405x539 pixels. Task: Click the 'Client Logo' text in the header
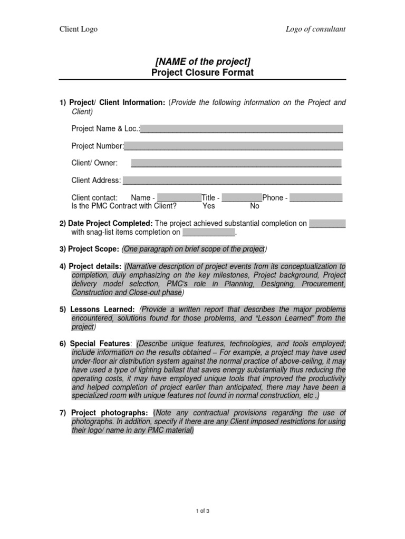pos(78,29)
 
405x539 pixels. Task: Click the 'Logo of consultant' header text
pos(315,29)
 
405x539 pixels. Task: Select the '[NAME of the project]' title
pos(202,62)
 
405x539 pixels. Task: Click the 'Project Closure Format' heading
pos(202,73)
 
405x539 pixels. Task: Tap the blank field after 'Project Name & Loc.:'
pos(242,128)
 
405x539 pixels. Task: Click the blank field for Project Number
pos(233,146)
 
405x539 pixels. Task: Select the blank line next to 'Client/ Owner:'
pos(236,163)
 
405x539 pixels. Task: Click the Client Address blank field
pos(232,181)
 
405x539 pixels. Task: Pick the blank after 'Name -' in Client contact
pos(179,198)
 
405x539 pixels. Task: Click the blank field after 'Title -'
pos(242,198)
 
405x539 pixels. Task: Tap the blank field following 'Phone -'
pos(316,198)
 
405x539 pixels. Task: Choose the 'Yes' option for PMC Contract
pos(209,206)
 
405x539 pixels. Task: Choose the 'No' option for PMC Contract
pos(255,206)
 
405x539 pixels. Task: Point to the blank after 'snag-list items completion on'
pos(208,232)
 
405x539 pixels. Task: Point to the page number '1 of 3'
pos(202,510)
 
